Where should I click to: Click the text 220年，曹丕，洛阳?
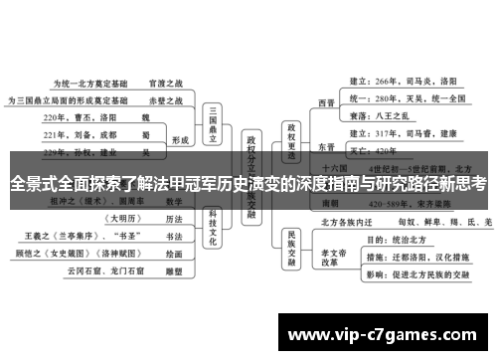82,117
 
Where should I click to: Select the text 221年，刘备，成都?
82,134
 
